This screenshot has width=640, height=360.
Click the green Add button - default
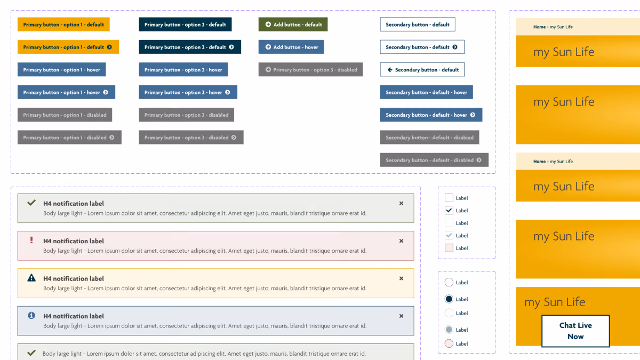pos(293,25)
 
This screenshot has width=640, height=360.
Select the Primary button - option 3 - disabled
pos(310,70)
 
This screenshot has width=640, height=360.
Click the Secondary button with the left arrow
pos(422,70)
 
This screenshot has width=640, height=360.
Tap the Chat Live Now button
pos(575,331)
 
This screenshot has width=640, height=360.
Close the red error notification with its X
pos(401,241)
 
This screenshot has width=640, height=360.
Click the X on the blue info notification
pos(401,316)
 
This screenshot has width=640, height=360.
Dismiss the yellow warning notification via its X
pos(401,278)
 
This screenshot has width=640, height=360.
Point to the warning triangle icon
pos(31,278)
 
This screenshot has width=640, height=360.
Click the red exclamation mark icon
pos(31,240)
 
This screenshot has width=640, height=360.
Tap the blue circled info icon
pos(31,315)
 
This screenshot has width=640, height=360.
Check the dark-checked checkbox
pos(449,210)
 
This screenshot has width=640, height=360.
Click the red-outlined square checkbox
pos(449,248)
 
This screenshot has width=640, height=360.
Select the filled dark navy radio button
pos(449,299)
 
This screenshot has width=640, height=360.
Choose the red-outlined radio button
pos(449,343)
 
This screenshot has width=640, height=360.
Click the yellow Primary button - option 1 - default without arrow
pos(63,25)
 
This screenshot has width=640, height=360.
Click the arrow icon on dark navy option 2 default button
pos(231,47)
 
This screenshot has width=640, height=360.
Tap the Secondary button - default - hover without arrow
pos(426,92)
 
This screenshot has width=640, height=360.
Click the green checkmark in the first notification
pos(31,203)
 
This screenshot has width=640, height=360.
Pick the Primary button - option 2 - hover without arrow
pos(183,70)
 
